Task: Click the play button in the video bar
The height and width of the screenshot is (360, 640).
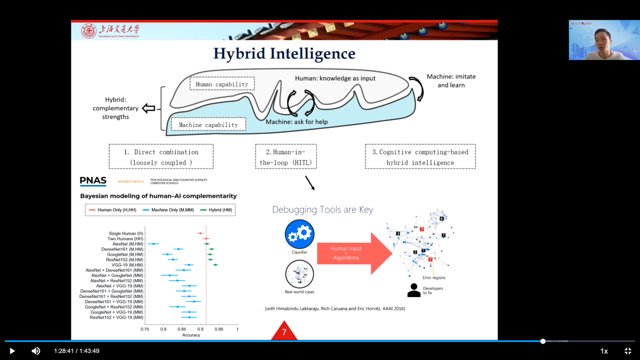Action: pos(12,351)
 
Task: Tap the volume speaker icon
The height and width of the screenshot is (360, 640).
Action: pos(36,351)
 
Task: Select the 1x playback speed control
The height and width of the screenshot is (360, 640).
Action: pos(604,351)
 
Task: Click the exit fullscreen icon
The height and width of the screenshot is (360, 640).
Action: pos(628,351)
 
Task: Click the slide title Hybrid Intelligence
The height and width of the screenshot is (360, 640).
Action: pos(284,53)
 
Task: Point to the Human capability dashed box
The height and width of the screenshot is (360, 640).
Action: pos(222,84)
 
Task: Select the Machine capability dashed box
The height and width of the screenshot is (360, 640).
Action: pos(208,125)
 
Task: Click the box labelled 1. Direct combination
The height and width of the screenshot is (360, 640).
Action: pos(161,157)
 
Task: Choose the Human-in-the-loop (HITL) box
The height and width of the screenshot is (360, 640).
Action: pos(286,157)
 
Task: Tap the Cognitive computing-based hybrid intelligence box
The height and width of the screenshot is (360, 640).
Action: pos(420,157)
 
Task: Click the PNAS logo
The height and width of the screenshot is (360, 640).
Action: pos(93,182)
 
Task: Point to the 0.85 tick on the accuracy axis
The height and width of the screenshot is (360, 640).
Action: pos(182,329)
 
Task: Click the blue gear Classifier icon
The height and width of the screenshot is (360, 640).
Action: pos(300,234)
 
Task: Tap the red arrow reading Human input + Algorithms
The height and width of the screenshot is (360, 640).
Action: pos(353,253)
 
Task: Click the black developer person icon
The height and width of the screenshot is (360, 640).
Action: pos(414,290)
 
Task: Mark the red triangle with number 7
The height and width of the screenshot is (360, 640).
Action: pos(284,331)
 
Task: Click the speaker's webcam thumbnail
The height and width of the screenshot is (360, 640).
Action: pos(604,40)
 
